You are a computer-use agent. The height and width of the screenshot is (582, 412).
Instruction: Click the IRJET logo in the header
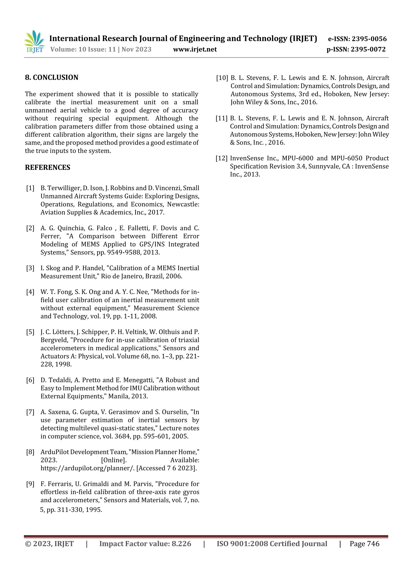coord(34,42)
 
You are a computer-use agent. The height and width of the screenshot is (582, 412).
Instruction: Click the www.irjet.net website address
coord(195,49)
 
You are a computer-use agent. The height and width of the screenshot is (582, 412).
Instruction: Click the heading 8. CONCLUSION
coord(51,77)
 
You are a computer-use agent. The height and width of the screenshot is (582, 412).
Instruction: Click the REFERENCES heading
coord(47,167)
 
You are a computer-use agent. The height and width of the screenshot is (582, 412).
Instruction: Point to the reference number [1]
coord(30,188)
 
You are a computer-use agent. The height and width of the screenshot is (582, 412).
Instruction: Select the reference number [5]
coord(30,332)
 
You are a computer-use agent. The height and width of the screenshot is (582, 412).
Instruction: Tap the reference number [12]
coord(221,158)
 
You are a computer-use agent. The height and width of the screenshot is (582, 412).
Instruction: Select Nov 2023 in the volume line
coord(136,49)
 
